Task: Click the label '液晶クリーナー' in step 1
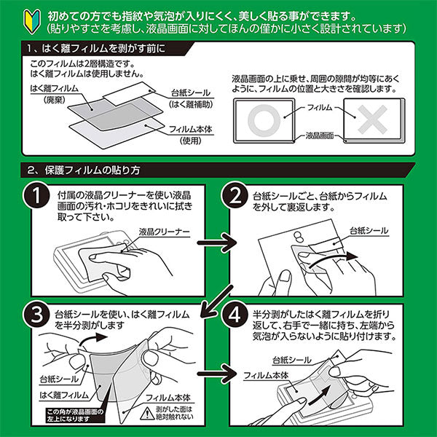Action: click(164, 230)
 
